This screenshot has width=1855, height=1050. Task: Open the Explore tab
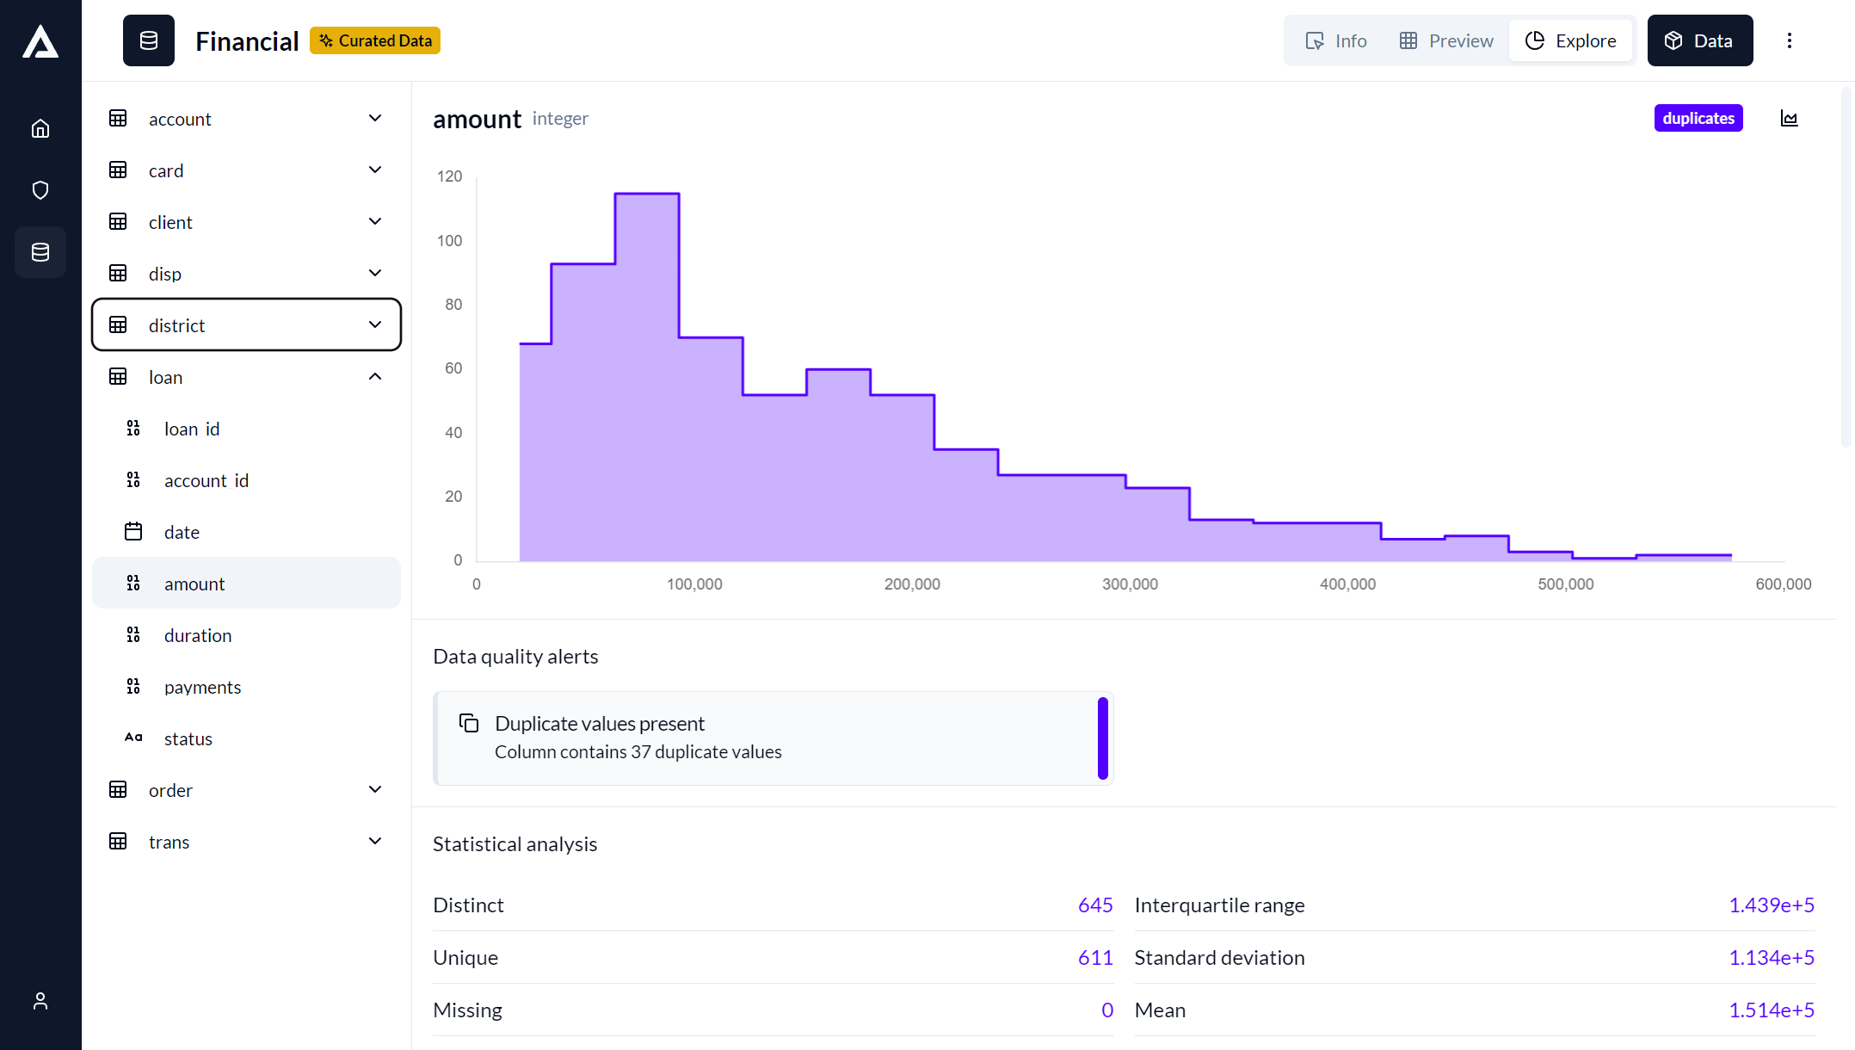click(1570, 40)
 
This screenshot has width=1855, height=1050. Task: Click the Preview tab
click(1446, 40)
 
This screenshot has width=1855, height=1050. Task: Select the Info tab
click(1336, 40)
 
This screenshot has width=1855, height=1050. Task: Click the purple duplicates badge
click(1698, 118)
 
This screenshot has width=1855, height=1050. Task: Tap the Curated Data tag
click(375, 40)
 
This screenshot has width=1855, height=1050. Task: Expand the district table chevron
click(375, 324)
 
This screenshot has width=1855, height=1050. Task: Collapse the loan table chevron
click(375, 376)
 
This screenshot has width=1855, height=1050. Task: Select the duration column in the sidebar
click(198, 635)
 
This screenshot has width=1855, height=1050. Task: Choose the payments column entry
click(202, 687)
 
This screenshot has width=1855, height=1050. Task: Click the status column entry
click(188, 738)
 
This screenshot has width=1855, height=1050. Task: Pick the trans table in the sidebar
click(169, 842)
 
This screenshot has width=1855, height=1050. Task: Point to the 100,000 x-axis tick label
click(694, 584)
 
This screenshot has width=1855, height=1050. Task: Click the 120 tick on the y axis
click(449, 176)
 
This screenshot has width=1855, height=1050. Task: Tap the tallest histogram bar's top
click(647, 195)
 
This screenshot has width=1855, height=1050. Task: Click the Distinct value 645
click(1094, 905)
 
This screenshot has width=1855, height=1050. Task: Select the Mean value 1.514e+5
click(1771, 1010)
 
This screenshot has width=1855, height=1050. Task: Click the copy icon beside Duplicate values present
click(469, 723)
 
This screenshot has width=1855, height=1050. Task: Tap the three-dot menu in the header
click(1790, 40)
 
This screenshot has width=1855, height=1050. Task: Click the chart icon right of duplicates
click(1790, 119)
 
